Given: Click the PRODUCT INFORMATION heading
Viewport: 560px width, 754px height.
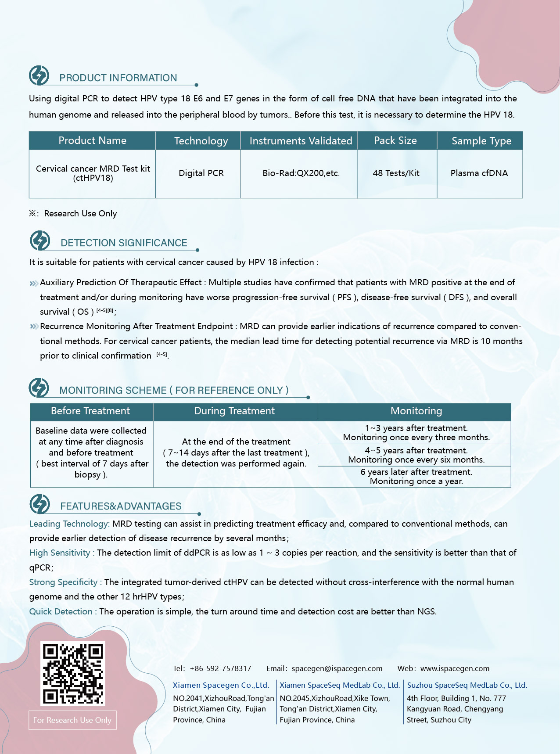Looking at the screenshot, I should tap(118, 78).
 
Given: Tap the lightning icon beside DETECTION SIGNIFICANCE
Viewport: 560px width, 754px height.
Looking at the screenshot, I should tap(40, 241).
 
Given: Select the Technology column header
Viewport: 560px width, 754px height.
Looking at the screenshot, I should tap(201, 141).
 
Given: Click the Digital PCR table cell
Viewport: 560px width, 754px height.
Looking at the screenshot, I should tap(201, 173).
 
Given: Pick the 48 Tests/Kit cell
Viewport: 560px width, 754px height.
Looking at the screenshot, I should tap(396, 173).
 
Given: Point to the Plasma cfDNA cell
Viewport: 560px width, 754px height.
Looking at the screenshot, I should tap(479, 173).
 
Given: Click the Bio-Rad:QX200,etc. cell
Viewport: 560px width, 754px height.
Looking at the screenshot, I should tap(301, 173).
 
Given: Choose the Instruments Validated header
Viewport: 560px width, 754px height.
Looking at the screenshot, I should tap(301, 141).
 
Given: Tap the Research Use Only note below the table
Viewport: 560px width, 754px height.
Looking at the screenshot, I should tap(80, 214).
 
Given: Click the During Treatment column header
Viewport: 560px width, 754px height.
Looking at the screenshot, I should tap(234, 411).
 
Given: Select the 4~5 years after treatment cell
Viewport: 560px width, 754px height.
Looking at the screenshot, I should tap(416, 455).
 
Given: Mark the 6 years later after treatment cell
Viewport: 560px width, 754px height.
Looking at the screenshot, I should tap(416, 477).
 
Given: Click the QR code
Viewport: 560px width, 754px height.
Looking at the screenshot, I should tap(73, 673).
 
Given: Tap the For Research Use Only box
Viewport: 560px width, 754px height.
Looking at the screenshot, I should tap(72, 720).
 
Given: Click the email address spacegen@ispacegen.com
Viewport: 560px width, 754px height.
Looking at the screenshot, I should tap(337, 668).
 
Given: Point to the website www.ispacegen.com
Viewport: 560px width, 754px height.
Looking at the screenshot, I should tap(455, 668).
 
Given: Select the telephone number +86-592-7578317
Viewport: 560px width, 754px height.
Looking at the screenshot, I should tap(220, 668).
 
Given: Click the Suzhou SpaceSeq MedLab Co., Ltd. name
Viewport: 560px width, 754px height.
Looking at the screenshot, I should tap(467, 685).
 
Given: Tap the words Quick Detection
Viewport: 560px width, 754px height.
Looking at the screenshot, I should tap(61, 612).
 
